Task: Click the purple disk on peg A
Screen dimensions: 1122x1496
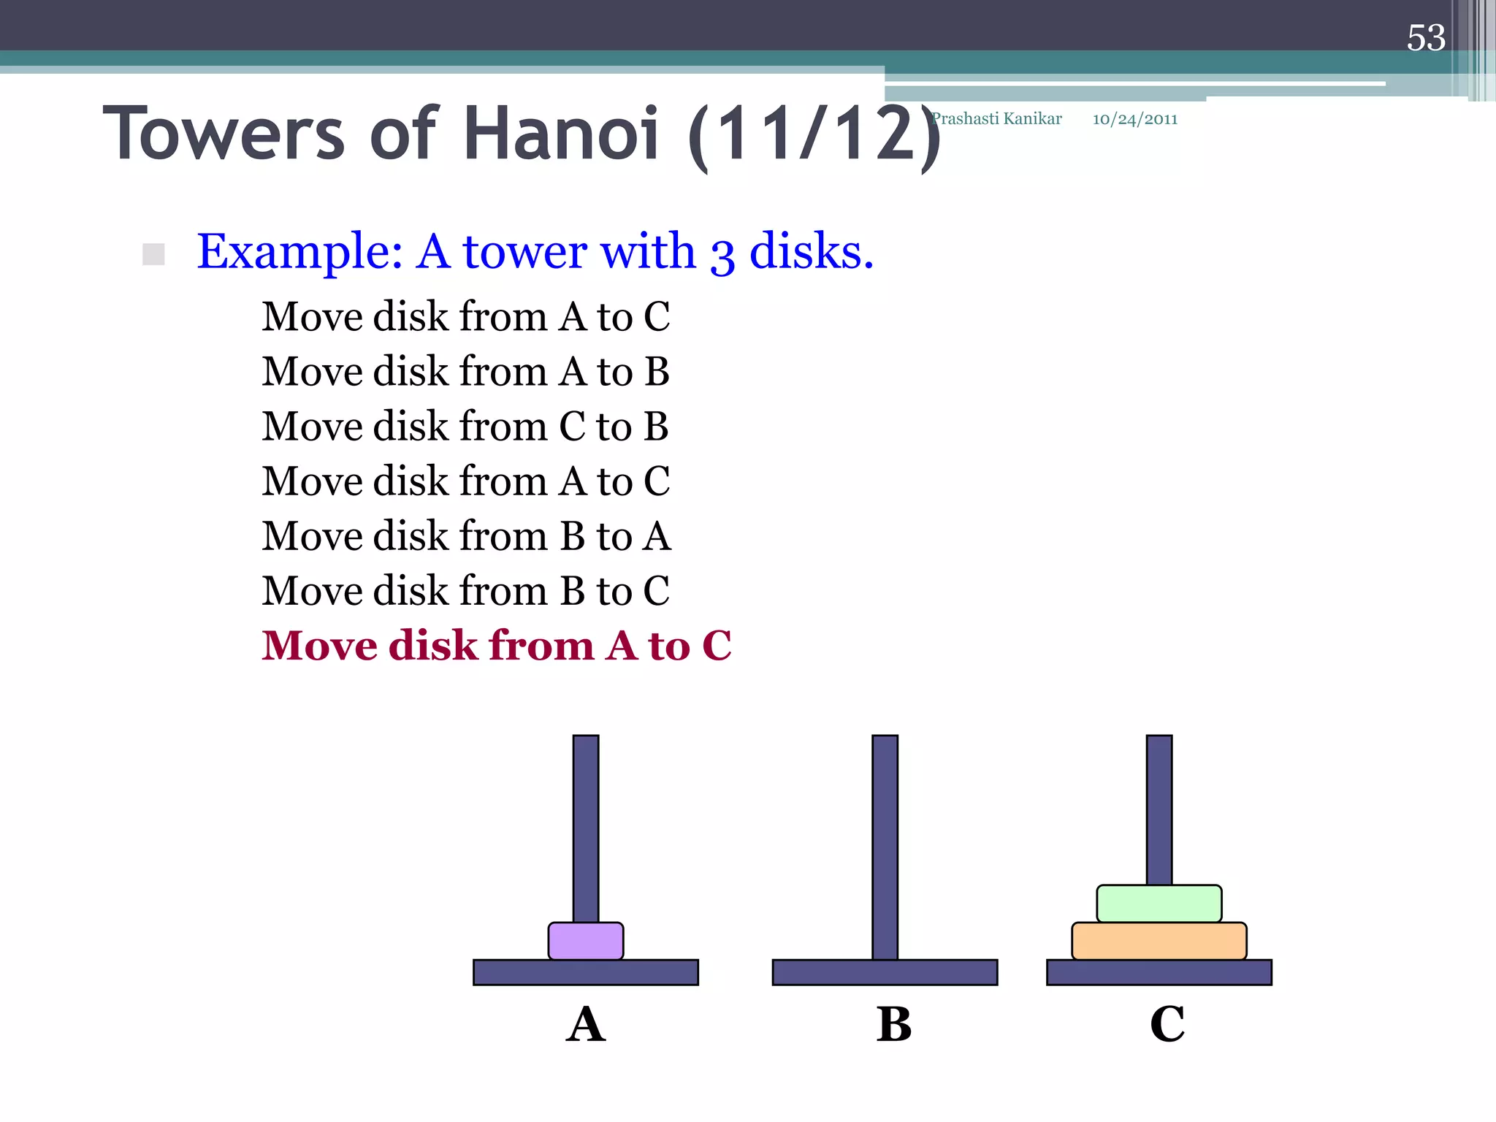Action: tap(586, 941)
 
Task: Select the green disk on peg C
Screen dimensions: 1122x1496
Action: tap(1159, 904)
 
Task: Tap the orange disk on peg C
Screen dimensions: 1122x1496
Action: tap(1159, 941)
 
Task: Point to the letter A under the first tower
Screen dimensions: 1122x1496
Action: tap(586, 1024)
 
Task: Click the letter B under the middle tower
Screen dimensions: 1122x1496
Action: tap(894, 1024)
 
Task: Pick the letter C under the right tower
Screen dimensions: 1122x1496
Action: tap(1167, 1024)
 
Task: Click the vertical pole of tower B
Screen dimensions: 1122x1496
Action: tap(885, 840)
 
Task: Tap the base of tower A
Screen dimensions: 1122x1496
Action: tap(586, 973)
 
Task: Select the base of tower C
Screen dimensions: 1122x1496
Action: tap(1159, 973)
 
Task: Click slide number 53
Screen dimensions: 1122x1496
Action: tap(1426, 38)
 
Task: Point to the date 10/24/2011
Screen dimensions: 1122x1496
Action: tap(1134, 119)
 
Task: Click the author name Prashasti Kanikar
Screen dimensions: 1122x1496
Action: tap(997, 118)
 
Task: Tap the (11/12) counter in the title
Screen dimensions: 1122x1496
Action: tap(814, 135)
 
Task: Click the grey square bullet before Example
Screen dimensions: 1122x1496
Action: tap(153, 254)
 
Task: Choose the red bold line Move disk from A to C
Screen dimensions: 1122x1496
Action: tap(497, 646)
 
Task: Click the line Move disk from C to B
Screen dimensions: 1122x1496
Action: tap(465, 426)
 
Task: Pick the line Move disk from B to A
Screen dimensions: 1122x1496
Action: tap(466, 535)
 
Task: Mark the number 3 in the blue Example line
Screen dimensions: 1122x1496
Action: tap(722, 256)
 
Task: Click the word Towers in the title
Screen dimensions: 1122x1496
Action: tap(224, 133)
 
